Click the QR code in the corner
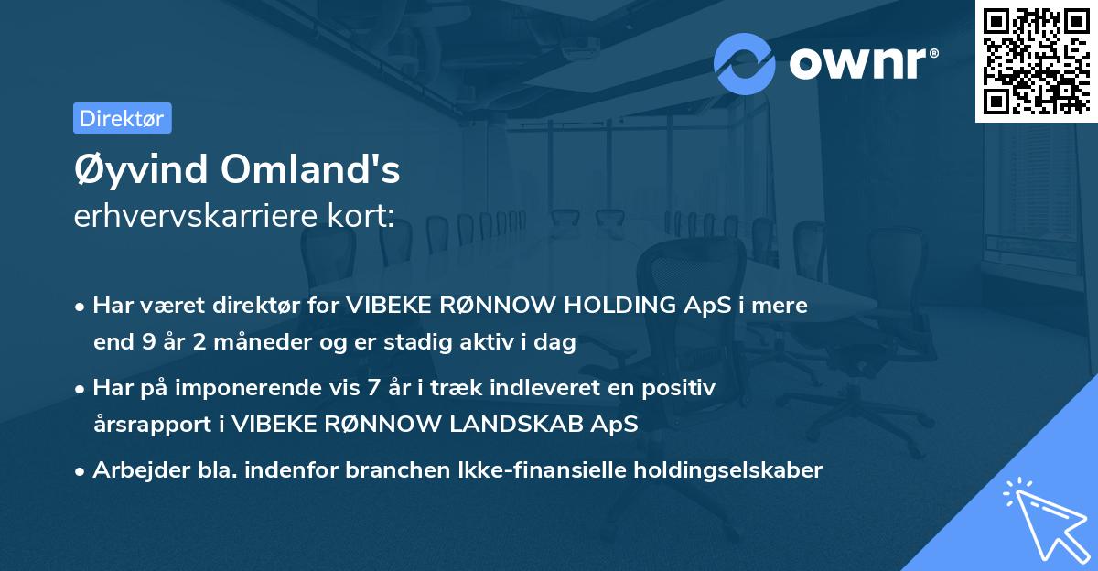[x=1035, y=61]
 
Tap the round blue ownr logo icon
[x=745, y=63]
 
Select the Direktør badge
[x=122, y=118]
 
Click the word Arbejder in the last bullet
[x=133, y=469]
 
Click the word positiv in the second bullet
[x=684, y=388]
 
